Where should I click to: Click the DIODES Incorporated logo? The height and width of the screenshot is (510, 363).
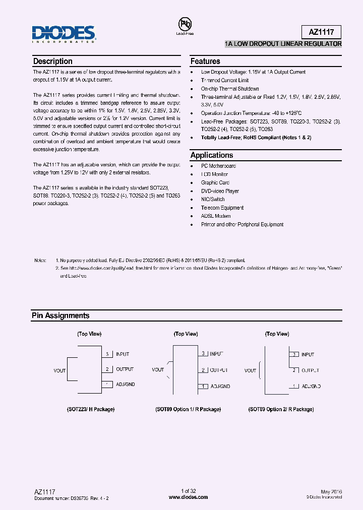(x=64, y=34)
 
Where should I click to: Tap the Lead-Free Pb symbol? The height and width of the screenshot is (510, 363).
(x=185, y=25)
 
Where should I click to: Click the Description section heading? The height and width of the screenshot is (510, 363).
(x=52, y=61)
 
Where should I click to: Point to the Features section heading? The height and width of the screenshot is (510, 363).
(x=205, y=61)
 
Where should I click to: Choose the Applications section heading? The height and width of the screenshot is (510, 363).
(x=212, y=155)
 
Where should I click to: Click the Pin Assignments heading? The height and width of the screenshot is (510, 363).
(x=60, y=315)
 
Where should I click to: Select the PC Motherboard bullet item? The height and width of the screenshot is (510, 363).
(x=218, y=166)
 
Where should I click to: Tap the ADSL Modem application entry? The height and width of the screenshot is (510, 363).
(x=216, y=216)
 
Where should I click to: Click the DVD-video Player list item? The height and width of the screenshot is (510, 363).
(x=220, y=191)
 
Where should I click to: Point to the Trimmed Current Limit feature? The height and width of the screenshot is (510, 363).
(x=225, y=80)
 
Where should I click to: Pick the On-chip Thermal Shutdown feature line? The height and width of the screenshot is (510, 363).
(x=230, y=89)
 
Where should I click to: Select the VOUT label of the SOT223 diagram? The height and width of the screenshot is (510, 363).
(x=59, y=370)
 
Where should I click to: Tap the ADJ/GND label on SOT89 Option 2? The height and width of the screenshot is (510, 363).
(x=311, y=386)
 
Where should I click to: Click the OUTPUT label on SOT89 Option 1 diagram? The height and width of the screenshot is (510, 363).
(x=219, y=370)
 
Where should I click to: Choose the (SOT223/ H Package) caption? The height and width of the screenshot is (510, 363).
(x=91, y=409)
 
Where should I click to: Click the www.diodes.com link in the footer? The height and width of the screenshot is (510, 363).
(x=188, y=497)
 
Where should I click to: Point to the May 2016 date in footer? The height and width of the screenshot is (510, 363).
(x=331, y=491)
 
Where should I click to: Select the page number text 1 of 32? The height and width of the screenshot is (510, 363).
(x=188, y=491)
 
